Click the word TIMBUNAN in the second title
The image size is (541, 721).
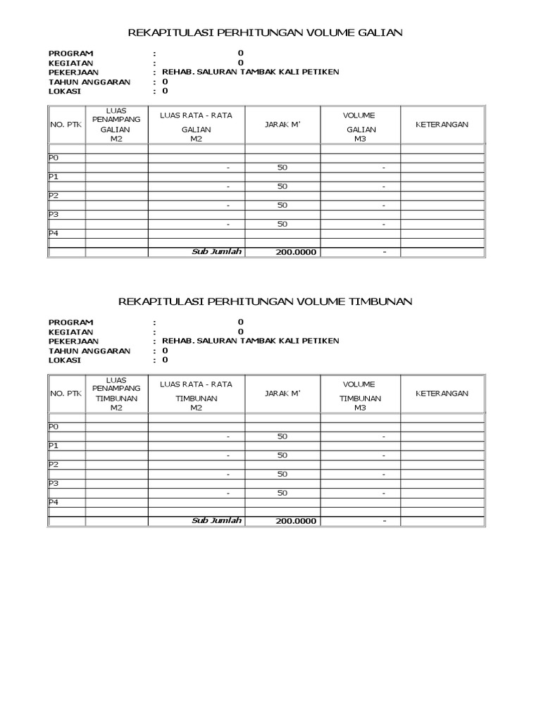(x=381, y=301)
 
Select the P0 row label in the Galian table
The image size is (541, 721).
(x=54, y=158)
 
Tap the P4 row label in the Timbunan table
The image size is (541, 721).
(x=54, y=502)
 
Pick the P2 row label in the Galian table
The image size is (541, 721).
(x=54, y=196)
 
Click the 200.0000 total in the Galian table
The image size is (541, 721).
(x=297, y=253)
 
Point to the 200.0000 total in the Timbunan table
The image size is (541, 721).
(x=297, y=522)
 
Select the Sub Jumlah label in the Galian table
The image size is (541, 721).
(x=217, y=252)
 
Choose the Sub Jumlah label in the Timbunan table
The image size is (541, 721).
(x=217, y=521)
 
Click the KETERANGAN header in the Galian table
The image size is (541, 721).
(x=442, y=125)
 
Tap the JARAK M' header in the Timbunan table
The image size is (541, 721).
(x=282, y=394)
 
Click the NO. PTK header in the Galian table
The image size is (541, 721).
(x=66, y=125)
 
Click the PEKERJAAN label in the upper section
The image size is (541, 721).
(x=73, y=72)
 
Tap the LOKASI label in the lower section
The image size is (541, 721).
(x=65, y=360)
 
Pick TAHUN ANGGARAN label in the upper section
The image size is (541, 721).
(x=89, y=82)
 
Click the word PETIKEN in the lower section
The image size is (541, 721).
(x=321, y=341)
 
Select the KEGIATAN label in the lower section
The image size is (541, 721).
(x=70, y=332)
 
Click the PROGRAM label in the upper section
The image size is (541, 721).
(x=70, y=54)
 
